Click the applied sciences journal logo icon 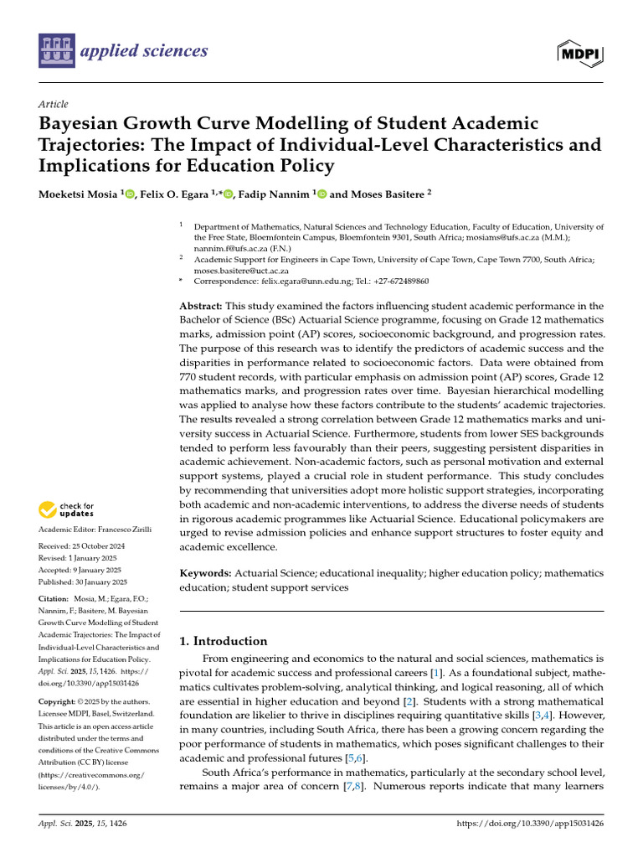tap(55, 51)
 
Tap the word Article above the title tap(53, 104)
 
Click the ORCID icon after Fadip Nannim tap(322, 193)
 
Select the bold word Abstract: tap(202, 307)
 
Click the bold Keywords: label tap(206, 572)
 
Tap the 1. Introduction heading tap(224, 641)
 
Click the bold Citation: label tap(58, 599)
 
